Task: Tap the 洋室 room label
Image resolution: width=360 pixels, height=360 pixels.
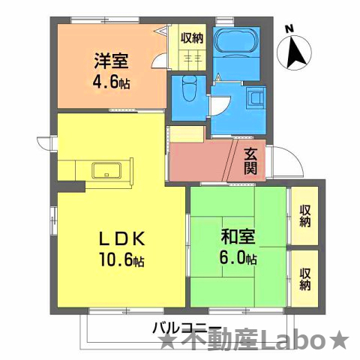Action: [109, 59]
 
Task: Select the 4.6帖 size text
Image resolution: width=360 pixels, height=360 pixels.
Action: [110, 82]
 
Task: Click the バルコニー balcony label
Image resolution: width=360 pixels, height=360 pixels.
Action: [187, 327]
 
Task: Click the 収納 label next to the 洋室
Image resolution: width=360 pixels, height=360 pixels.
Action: [192, 37]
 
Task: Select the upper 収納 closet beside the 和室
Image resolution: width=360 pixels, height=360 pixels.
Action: [305, 215]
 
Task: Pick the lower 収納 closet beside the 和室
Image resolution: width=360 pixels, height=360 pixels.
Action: [305, 278]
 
